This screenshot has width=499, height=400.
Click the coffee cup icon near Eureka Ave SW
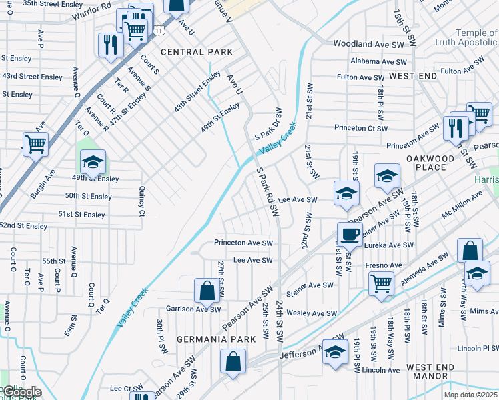350,233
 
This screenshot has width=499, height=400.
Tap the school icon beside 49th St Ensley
93,161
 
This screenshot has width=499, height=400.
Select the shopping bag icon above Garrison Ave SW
207,290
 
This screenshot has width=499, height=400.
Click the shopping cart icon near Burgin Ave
35,143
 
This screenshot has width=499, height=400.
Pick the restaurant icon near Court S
109,44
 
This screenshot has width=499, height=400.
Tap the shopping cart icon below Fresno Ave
381,283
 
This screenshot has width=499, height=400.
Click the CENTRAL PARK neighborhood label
197,52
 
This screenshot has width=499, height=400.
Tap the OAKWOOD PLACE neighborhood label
431,163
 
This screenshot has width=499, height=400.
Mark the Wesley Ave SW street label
312,313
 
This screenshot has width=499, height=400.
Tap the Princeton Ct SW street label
358,128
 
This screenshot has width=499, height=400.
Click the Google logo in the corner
21,392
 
